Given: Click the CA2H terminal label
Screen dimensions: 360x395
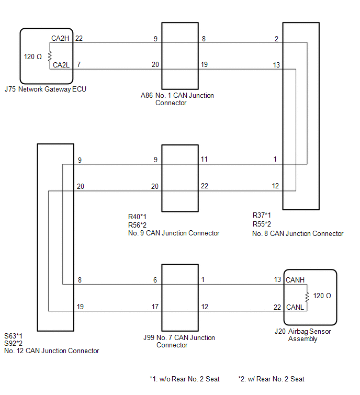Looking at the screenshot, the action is click(x=60, y=38).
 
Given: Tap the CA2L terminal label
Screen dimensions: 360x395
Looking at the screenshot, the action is click(x=61, y=65).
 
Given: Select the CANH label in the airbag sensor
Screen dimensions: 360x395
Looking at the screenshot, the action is click(x=295, y=280).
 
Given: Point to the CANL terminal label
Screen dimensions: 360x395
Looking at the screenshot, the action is click(x=295, y=307).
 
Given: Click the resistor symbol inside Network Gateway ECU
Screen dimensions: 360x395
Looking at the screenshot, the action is click(x=50, y=55).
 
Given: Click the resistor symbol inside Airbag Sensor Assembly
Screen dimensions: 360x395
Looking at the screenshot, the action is click(x=307, y=297).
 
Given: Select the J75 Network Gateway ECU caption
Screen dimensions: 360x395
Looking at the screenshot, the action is click(x=46, y=89).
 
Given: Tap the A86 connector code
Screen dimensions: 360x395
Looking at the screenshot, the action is click(x=147, y=95).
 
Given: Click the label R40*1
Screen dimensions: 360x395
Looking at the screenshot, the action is click(x=137, y=217).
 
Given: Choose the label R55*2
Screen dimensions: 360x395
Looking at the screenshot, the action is click(x=262, y=224).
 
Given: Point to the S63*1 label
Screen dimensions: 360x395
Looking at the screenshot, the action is click(x=14, y=336).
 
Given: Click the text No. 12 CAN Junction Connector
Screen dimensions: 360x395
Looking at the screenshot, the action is click(x=52, y=351).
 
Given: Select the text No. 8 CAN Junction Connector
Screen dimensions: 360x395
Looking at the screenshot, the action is click(x=298, y=233).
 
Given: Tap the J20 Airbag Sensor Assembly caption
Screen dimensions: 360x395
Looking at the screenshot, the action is click(x=303, y=335).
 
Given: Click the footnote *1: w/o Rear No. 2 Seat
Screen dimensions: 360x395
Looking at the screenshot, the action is click(x=185, y=379).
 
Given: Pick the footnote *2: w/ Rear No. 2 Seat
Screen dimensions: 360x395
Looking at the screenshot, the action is click(x=272, y=379).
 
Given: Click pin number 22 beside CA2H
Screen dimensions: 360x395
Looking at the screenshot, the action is click(x=79, y=38).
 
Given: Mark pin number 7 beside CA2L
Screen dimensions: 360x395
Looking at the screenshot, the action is click(x=79, y=64).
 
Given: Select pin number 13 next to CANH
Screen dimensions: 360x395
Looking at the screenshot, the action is click(x=277, y=279).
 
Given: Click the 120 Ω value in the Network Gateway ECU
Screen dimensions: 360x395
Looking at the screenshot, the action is click(x=33, y=57).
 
